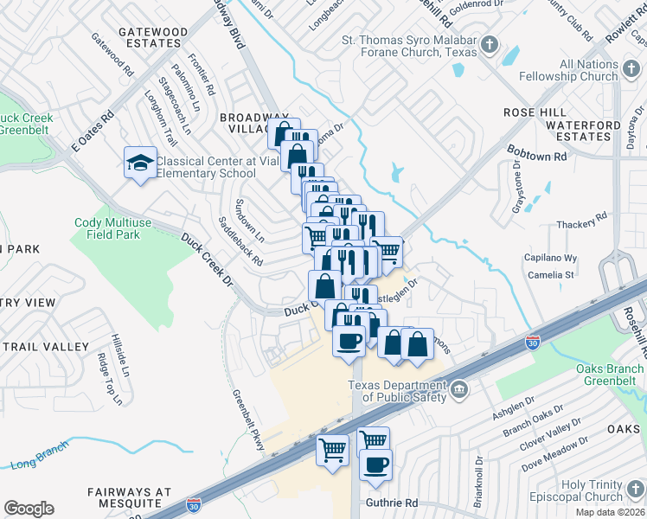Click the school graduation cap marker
coord(139,163)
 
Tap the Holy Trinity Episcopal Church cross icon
coord(635,490)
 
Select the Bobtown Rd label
coord(536,153)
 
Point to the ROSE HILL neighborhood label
coord(535,112)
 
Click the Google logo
coord(29,509)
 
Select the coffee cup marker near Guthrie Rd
coord(375,465)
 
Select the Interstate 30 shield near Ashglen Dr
coord(534,343)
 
